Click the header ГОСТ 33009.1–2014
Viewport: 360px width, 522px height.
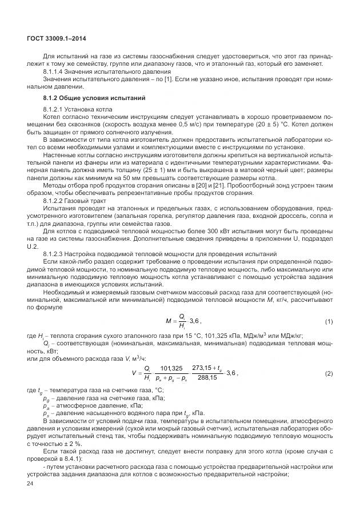click(52, 38)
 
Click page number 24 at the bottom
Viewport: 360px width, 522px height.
click(30, 484)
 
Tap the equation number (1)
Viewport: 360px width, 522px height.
click(329, 321)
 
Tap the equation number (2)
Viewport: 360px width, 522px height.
click(329, 373)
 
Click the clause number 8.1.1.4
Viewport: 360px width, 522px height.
click(54, 73)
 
